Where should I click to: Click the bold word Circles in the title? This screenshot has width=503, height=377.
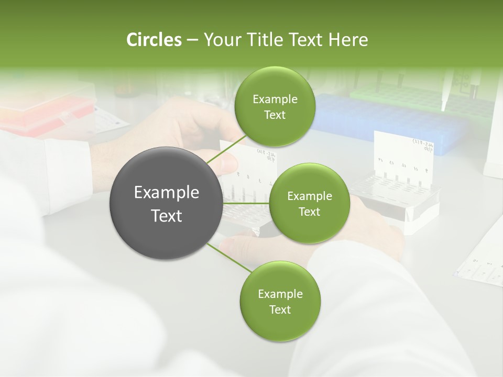click(154, 40)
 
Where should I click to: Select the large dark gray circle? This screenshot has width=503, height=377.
click(166, 203)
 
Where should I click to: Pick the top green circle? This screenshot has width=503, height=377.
click(275, 107)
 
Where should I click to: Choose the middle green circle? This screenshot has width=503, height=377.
click(309, 203)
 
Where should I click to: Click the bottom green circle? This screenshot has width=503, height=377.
click(280, 301)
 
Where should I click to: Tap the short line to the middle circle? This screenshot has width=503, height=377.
click(246, 203)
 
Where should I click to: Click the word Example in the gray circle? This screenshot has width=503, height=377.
click(166, 192)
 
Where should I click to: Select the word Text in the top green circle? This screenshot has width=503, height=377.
click(275, 115)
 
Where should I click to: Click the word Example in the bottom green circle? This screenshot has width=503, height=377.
click(280, 294)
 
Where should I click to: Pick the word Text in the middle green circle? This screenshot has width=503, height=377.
click(309, 212)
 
